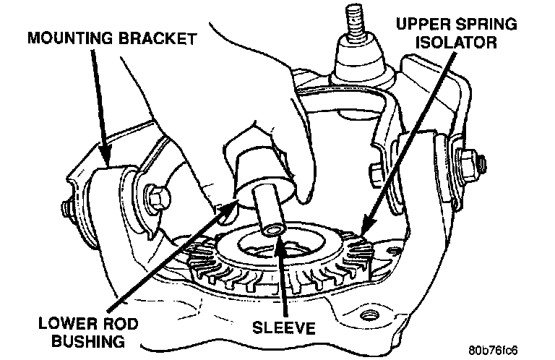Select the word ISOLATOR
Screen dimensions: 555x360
[456, 43]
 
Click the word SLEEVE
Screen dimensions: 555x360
[283, 327]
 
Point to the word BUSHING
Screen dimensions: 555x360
[88, 342]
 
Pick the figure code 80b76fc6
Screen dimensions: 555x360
[493, 351]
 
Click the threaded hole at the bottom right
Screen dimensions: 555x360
[369, 314]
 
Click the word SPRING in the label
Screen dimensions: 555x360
[486, 25]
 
